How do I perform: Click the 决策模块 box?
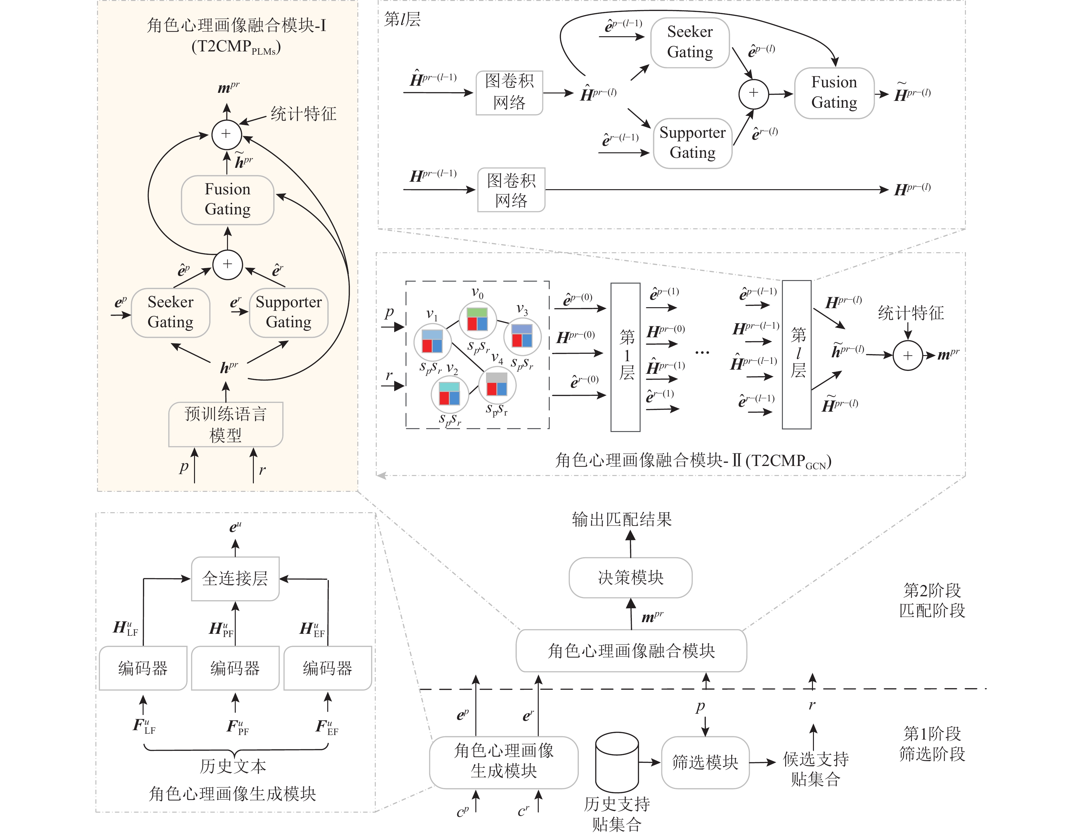click(x=630, y=577)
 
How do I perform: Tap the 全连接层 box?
click(x=235, y=578)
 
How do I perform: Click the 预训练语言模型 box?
click(x=225, y=424)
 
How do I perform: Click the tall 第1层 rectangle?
click(x=625, y=357)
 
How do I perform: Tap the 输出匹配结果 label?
click(x=622, y=519)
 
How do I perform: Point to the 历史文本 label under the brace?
click(x=233, y=766)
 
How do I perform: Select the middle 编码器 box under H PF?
click(x=235, y=668)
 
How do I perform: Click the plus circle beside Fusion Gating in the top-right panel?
click(x=753, y=93)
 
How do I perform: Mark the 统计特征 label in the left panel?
click(x=303, y=114)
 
